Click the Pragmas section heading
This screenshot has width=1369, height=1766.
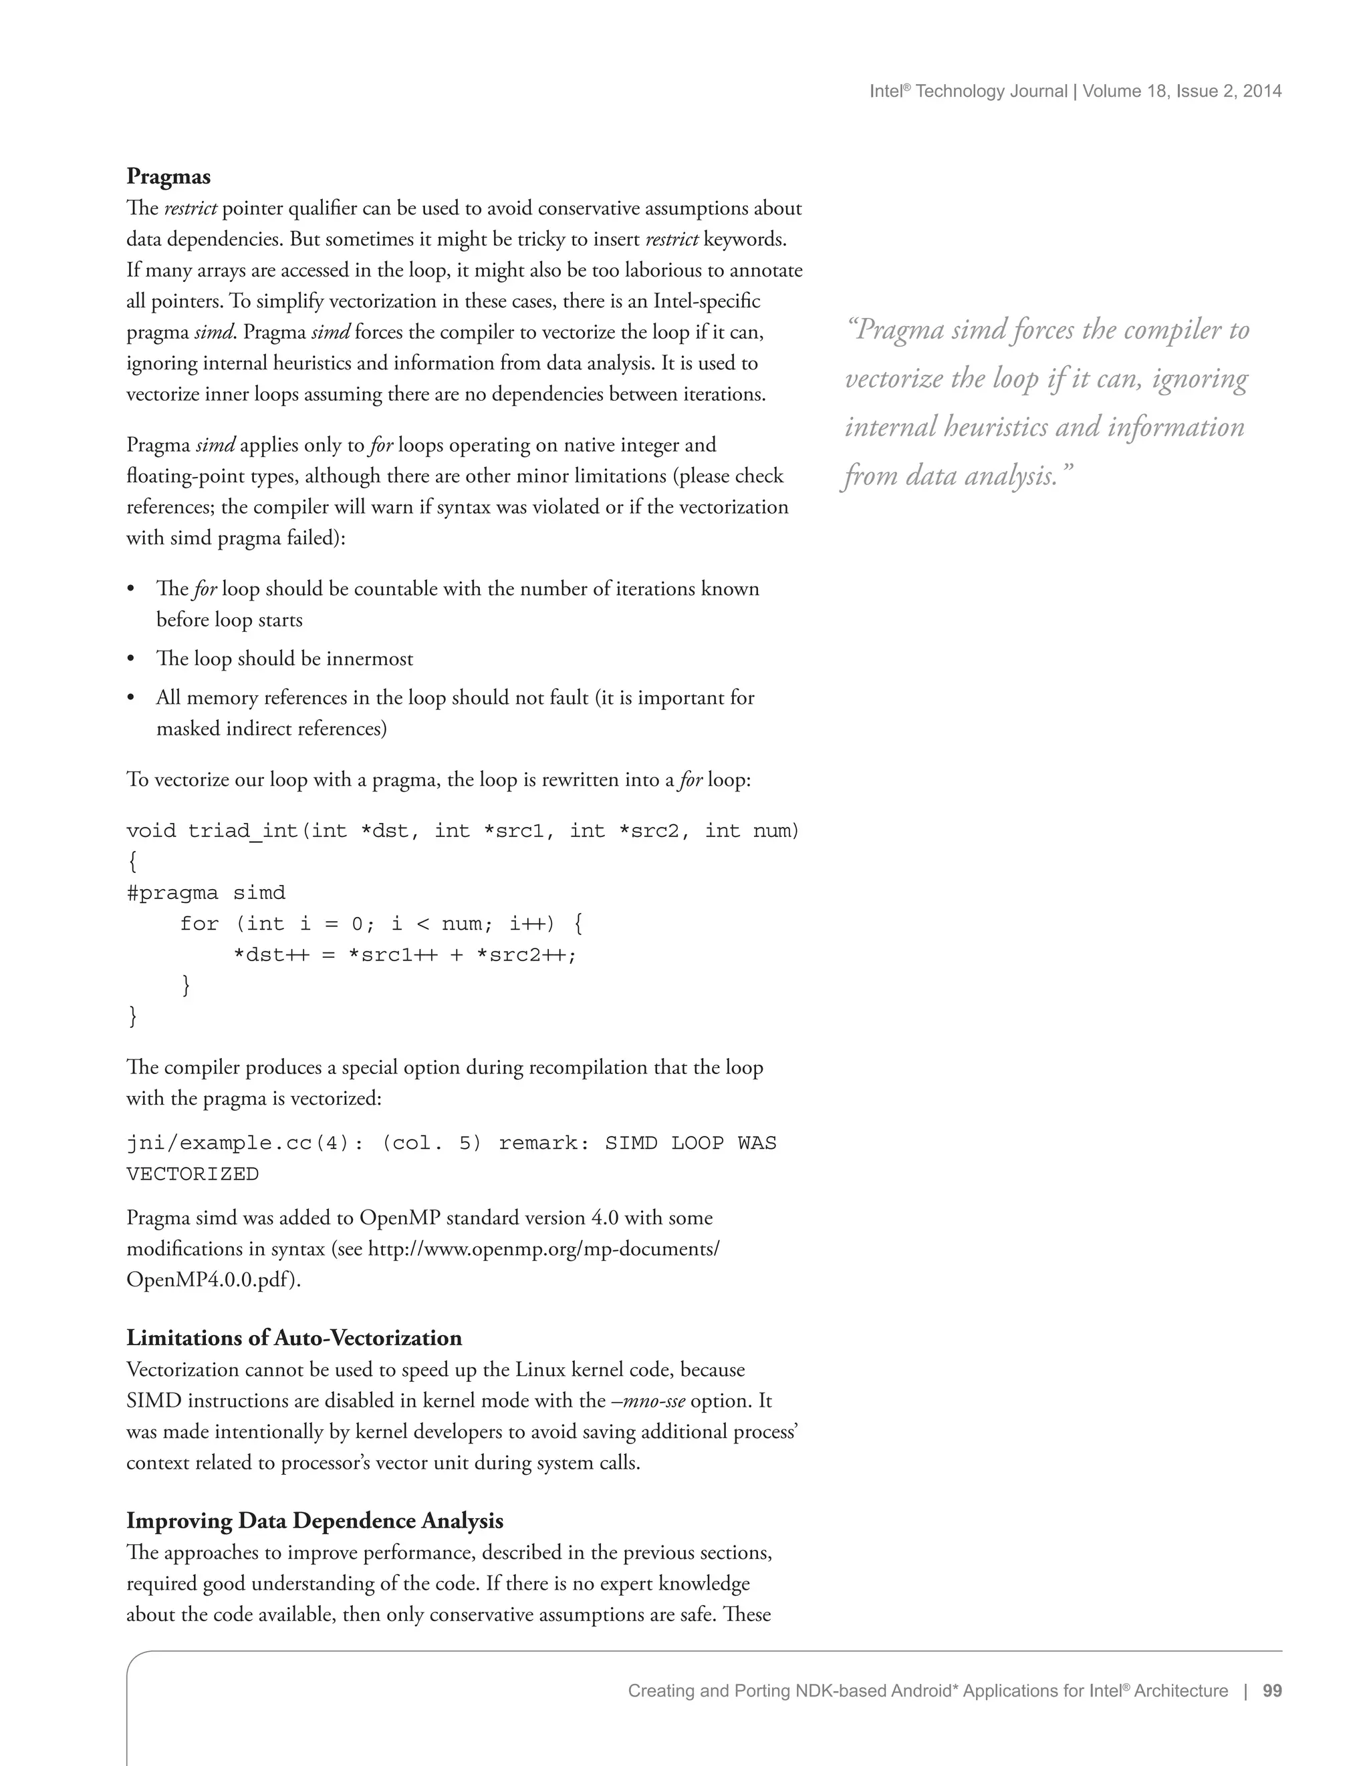pyautogui.click(x=168, y=176)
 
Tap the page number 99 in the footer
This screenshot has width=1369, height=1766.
pyautogui.click(x=1272, y=1691)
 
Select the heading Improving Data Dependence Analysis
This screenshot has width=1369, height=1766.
pyautogui.click(x=315, y=1520)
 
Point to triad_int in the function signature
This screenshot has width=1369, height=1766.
pyautogui.click(x=243, y=832)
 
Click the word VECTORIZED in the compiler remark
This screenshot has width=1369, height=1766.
pyautogui.click(x=193, y=1174)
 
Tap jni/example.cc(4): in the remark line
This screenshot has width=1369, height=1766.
pyautogui.click(x=245, y=1143)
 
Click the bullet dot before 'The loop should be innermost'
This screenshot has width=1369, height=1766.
pyautogui.click(x=131, y=659)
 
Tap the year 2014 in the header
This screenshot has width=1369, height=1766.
pyautogui.click(x=1262, y=92)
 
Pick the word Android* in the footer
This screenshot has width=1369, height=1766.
pyautogui.click(x=924, y=1691)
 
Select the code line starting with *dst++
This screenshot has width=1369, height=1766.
pyautogui.click(x=404, y=955)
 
